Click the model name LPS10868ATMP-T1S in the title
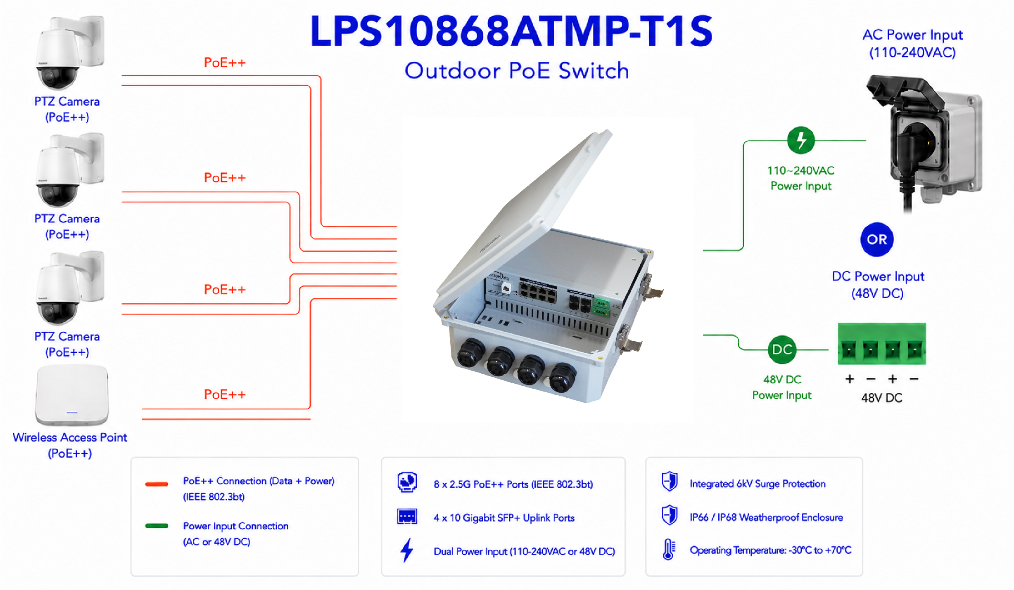tap(511, 31)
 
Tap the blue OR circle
tap(877, 239)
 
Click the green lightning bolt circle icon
tap(801, 140)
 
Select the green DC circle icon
tap(782, 349)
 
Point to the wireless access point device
tap(72, 395)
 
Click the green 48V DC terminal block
tap(882, 344)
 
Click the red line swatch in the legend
tap(157, 484)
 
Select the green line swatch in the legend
tap(157, 526)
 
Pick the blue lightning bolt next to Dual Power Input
tap(407, 550)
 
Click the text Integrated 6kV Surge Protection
tap(758, 484)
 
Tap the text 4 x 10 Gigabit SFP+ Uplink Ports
tap(504, 518)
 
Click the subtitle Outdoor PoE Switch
tap(517, 71)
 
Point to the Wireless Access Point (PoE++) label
tap(70, 445)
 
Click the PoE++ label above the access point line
tap(225, 394)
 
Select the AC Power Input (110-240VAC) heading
tap(913, 43)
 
